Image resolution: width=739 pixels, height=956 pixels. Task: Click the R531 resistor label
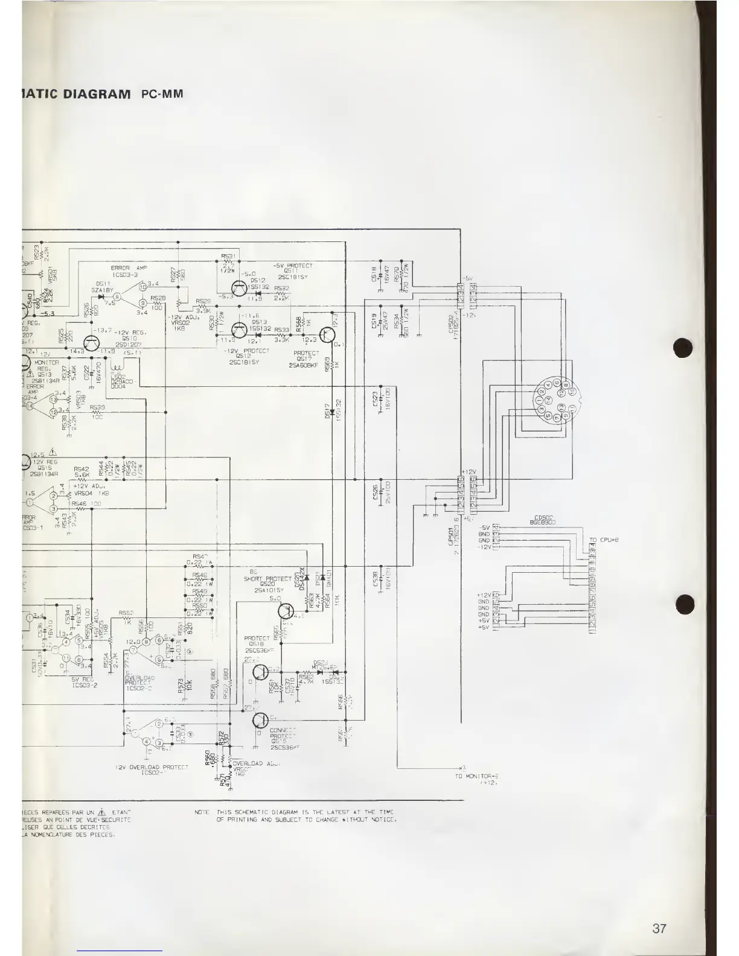click(x=228, y=256)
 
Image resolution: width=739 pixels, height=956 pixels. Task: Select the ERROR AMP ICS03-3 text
click(x=124, y=272)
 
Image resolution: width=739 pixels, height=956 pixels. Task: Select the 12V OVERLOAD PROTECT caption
click(x=151, y=769)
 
